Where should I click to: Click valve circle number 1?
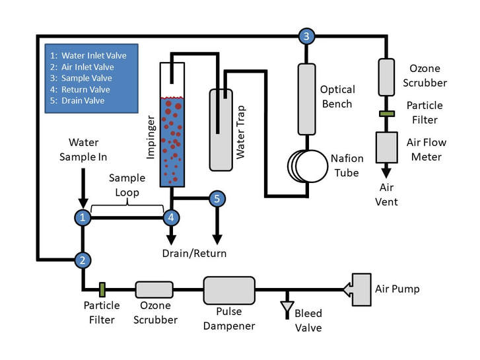82,216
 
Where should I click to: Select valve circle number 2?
82,260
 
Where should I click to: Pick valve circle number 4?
172,216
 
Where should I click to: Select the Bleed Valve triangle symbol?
286,308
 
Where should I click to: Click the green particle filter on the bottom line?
102,289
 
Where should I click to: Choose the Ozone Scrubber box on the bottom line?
154,289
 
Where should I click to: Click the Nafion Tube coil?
307,165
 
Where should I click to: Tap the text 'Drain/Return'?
195,253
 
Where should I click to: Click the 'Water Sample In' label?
83,149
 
